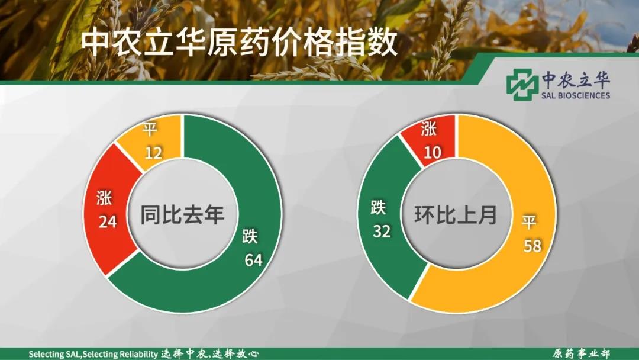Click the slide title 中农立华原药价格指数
(239, 43)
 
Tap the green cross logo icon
(522, 85)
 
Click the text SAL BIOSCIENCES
(576, 95)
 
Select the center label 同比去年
(183, 214)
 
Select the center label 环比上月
(456, 214)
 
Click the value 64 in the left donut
(253, 260)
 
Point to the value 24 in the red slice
(108, 222)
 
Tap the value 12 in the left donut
(153, 153)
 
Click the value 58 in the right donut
(532, 246)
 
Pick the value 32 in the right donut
(382, 231)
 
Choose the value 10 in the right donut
(432, 153)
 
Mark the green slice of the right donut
(387, 216)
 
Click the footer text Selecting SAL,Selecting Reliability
(93, 354)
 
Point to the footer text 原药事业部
(581, 353)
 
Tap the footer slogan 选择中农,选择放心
(209, 353)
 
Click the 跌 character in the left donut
(250, 236)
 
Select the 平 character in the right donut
(529, 223)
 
